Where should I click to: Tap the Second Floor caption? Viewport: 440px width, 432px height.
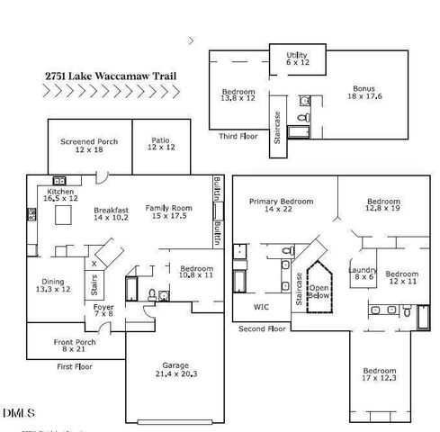coord(262,329)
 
